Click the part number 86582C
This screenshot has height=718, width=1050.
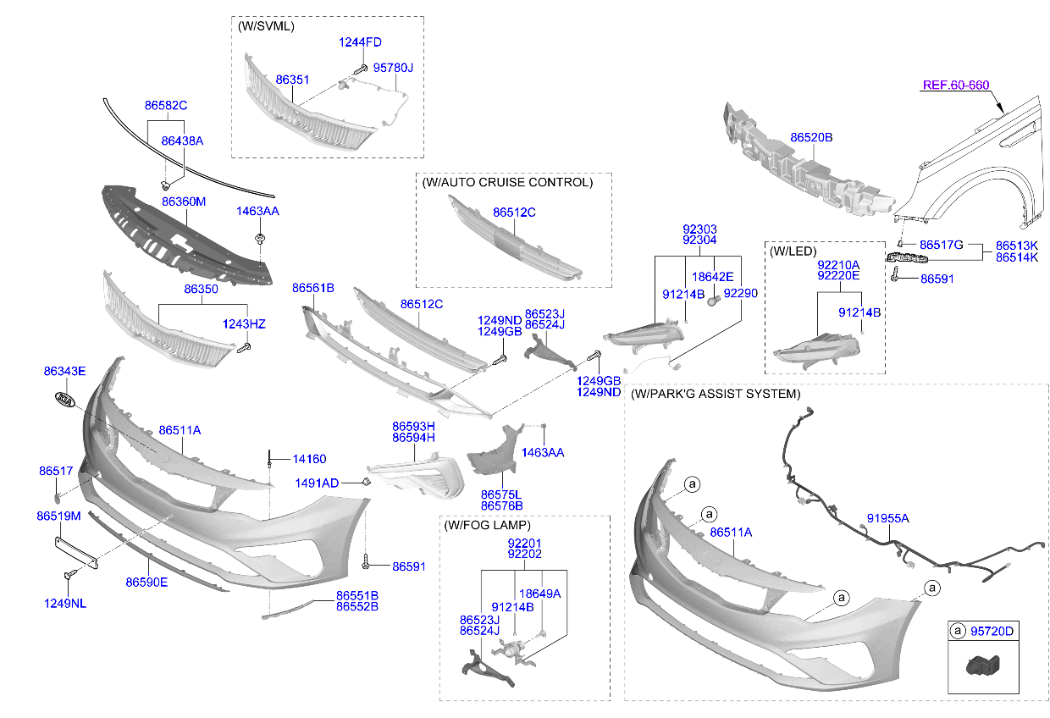(165, 106)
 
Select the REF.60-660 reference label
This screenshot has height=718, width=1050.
(955, 85)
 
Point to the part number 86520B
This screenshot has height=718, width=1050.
(811, 136)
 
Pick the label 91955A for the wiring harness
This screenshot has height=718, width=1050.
(887, 518)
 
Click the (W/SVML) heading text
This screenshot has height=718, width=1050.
(266, 26)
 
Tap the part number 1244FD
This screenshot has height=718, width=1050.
(360, 41)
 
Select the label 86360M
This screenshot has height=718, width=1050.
(184, 202)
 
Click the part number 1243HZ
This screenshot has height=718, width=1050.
(244, 323)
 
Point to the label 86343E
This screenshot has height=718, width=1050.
(64, 371)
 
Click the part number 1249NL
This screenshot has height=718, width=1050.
(65, 603)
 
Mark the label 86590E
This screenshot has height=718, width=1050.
(146, 582)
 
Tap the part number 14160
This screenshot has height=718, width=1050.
(309, 459)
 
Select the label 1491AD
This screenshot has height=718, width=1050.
(317, 483)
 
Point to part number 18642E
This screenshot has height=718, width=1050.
(712, 276)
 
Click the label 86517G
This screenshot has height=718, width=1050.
(942, 245)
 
